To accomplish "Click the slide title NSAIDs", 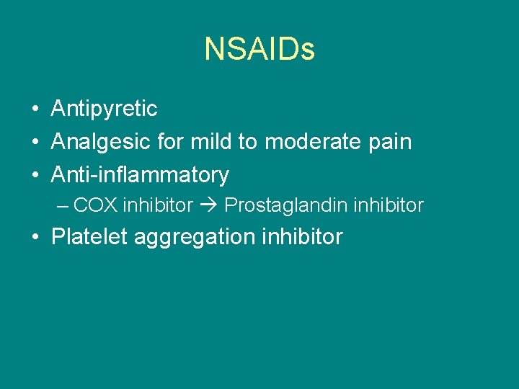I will [x=259, y=49].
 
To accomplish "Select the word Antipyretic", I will [x=104, y=109].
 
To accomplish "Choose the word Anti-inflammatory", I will [x=140, y=174].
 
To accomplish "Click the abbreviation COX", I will [x=96, y=205].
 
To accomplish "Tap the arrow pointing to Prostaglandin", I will [x=208, y=205].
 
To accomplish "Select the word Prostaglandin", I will [x=284, y=206].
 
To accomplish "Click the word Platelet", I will [x=89, y=236].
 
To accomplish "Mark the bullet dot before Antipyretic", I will [x=35, y=109].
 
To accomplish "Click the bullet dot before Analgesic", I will [x=35, y=143].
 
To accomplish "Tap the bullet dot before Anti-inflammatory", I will [x=35, y=175].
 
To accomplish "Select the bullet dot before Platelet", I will [x=35, y=237].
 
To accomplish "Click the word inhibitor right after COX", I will [x=158, y=205].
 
